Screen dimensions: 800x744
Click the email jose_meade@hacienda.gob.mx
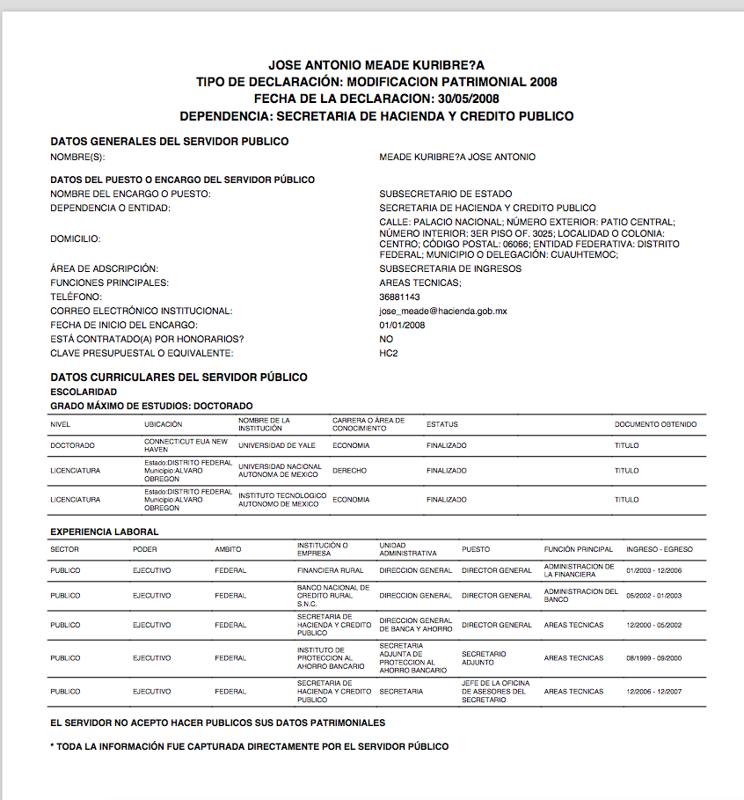pyautogui.click(x=443, y=311)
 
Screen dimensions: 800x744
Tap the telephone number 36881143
pyautogui.click(x=400, y=297)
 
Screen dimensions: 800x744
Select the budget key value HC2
pyautogui.click(x=389, y=353)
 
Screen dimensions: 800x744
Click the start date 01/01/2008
pyautogui.click(x=402, y=325)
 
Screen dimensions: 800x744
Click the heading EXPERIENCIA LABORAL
pyautogui.click(x=105, y=532)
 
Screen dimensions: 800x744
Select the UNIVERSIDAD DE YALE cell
pyautogui.click(x=275, y=445)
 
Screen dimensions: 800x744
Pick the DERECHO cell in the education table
pyautogui.click(x=349, y=471)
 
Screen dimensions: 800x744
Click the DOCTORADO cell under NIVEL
pyautogui.click(x=73, y=445)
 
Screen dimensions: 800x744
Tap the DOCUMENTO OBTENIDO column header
pyautogui.click(x=655, y=424)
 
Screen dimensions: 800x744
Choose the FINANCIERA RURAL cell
pyautogui.click(x=331, y=570)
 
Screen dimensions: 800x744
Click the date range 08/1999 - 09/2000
pyautogui.click(x=653, y=658)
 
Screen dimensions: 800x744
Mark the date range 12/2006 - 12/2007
pyautogui.click(x=653, y=692)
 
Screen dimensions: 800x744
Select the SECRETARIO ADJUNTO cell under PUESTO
pyautogui.click(x=484, y=658)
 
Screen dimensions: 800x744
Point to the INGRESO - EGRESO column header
pyautogui.click(x=659, y=549)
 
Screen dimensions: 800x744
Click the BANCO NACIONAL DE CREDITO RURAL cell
pyautogui.click(x=333, y=596)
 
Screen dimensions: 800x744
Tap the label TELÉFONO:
pyautogui.click(x=77, y=297)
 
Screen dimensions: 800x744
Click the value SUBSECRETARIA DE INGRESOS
pyautogui.click(x=450, y=268)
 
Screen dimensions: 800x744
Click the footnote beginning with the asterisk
pyautogui.click(x=250, y=746)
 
